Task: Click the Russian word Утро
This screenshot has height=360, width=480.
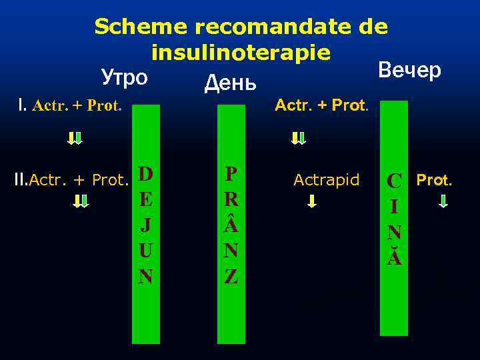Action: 124,77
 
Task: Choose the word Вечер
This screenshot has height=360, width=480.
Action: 409,69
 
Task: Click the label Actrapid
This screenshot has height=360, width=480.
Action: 327,179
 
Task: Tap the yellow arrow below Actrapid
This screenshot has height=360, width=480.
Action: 311,201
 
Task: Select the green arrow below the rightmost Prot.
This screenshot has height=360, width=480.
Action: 444,201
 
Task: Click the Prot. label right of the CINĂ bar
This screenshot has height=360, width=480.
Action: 434,179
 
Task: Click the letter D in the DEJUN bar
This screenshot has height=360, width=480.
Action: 146,174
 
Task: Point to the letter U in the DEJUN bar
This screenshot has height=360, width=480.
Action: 146,251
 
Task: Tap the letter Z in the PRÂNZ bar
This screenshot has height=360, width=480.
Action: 231,276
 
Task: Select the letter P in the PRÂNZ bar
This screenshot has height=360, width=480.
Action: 231,174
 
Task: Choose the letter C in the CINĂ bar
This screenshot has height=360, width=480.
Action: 395,181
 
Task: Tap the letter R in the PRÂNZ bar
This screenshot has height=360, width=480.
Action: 231,199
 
